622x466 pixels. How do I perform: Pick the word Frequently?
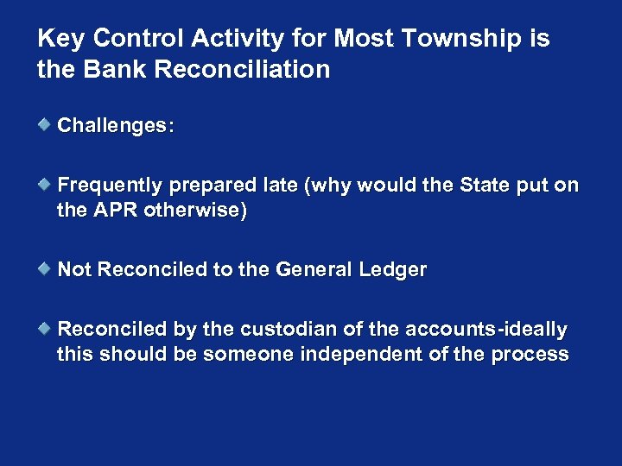pyautogui.click(x=111, y=186)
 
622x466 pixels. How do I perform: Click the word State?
pyautogui.click(x=489, y=186)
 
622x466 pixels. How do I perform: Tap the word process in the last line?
pyautogui.click(x=530, y=355)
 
